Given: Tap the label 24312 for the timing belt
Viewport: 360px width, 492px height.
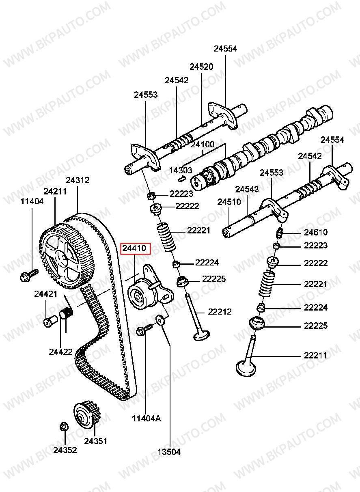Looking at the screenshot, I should tap(78, 180).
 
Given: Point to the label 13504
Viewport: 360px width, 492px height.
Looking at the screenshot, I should tap(169, 452).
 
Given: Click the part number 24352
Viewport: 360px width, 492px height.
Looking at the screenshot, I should tap(65, 450).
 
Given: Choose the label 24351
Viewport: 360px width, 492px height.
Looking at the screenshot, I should tap(96, 441).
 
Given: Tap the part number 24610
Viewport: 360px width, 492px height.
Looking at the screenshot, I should tap(316, 233).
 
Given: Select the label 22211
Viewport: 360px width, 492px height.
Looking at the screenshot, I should tap(315, 356).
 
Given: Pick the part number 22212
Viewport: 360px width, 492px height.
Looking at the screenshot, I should tap(220, 312).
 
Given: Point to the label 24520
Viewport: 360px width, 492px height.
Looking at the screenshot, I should tap(201, 67).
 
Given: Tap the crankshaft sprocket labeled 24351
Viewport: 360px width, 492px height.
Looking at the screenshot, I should tap(86, 414).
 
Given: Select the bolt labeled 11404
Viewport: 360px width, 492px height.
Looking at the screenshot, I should tap(28, 275).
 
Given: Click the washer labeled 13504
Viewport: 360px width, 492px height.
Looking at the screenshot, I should tap(161, 321).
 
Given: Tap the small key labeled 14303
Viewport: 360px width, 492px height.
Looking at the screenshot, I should tap(182, 177).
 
